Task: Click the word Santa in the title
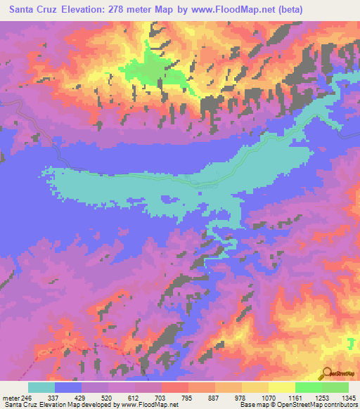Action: tap(24, 9)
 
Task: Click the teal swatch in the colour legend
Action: tap(41, 388)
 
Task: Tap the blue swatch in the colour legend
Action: tap(68, 388)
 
